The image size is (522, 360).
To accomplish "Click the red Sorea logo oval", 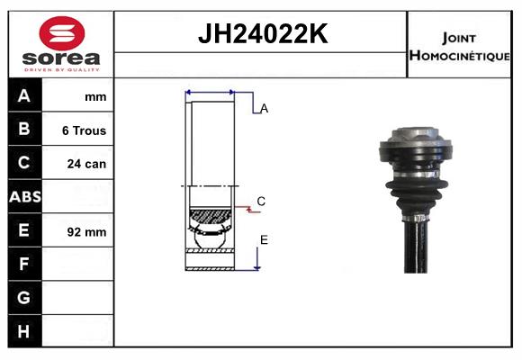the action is (x=62, y=33).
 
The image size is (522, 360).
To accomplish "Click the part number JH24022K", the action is (x=263, y=33).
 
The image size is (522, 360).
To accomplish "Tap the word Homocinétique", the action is (x=460, y=56).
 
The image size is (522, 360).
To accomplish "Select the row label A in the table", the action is (x=24, y=96).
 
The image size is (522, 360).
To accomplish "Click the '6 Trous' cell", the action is (x=85, y=130).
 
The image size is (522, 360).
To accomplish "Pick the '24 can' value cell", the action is (x=86, y=164).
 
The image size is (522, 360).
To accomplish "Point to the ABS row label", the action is (x=25, y=197).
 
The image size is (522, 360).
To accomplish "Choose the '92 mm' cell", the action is (x=86, y=232).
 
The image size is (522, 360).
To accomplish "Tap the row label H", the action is (x=23, y=331).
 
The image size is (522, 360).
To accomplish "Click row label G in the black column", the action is (x=23, y=297).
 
